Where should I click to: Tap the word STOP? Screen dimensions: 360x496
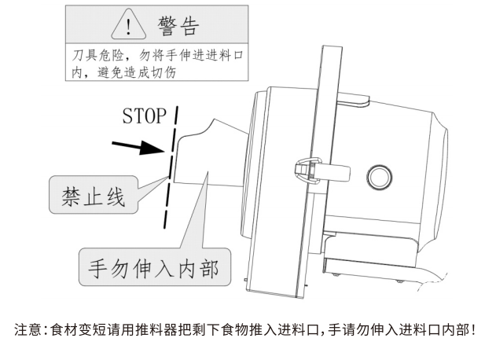pos(144,116)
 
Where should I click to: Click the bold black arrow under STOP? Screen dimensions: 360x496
pos(138,148)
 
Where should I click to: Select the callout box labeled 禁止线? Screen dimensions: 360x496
pos(93,194)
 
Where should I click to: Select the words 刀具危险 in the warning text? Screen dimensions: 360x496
pos(86,57)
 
